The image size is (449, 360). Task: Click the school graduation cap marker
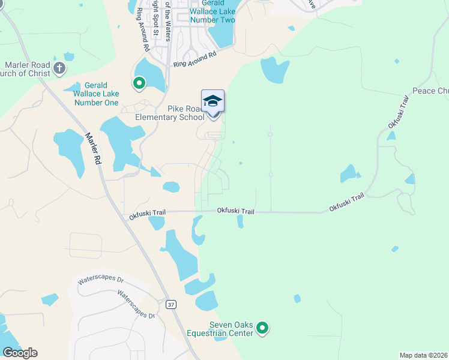212,100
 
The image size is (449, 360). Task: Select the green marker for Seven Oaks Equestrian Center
262,328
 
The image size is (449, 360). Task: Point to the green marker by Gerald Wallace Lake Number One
139,83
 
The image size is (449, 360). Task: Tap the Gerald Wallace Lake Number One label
96,94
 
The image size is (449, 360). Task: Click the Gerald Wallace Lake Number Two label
212,12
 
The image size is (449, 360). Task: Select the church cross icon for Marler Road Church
59,68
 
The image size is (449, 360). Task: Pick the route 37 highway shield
172,305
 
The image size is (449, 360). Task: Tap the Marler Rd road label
92,149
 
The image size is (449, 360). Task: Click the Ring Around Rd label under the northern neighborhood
194,59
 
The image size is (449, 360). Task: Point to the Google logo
20,353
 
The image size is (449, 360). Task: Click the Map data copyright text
423,355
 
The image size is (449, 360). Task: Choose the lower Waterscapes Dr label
136,304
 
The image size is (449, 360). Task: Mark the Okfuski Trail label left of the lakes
148,214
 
